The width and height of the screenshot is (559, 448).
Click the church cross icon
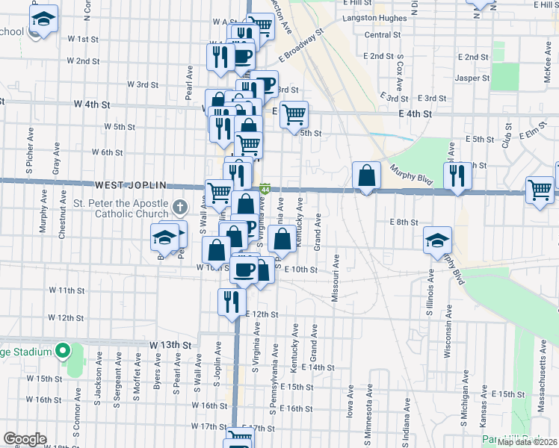(179, 206)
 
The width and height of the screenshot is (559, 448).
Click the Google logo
(25, 439)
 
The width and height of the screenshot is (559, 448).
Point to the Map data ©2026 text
(528, 442)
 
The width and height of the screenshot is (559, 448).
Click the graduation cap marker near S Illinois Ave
(438, 240)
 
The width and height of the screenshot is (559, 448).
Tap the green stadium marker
(64, 350)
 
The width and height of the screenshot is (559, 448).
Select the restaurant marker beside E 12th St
(231, 301)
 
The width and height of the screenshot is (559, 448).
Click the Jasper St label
(472, 77)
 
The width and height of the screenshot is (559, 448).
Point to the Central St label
(383, 35)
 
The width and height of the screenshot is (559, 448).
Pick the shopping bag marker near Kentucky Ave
(282, 240)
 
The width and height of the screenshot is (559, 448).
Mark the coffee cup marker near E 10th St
(244, 270)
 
